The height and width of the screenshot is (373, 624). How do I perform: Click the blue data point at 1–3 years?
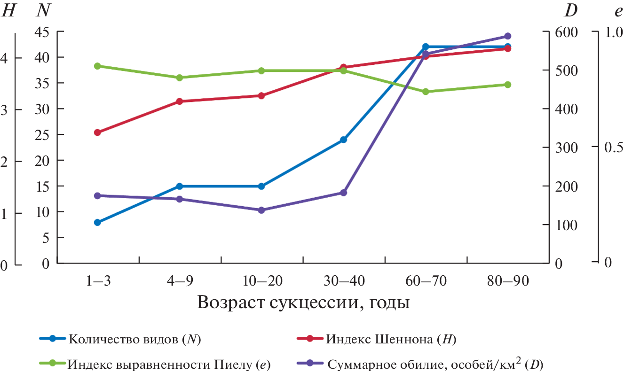[x=97, y=222]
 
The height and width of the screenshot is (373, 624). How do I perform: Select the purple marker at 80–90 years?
[x=508, y=36]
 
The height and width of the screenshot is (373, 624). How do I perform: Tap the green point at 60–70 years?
[x=426, y=92]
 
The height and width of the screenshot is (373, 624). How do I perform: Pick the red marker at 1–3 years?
[x=97, y=132]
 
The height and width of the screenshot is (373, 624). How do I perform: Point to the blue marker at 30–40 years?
[x=343, y=140]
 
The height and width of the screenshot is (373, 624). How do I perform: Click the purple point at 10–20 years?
[x=261, y=210]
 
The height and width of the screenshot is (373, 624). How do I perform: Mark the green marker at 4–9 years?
[x=179, y=78]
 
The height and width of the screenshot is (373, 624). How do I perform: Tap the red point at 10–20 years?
[x=261, y=96]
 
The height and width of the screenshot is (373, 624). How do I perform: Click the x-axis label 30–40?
[x=343, y=281]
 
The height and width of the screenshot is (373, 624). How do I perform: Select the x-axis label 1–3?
[x=97, y=281]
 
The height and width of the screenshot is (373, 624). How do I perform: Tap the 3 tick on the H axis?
[x=6, y=109]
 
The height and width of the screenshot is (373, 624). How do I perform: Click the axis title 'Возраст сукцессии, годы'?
[x=303, y=302]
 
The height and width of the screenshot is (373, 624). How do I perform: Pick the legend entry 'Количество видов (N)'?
[x=134, y=339]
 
